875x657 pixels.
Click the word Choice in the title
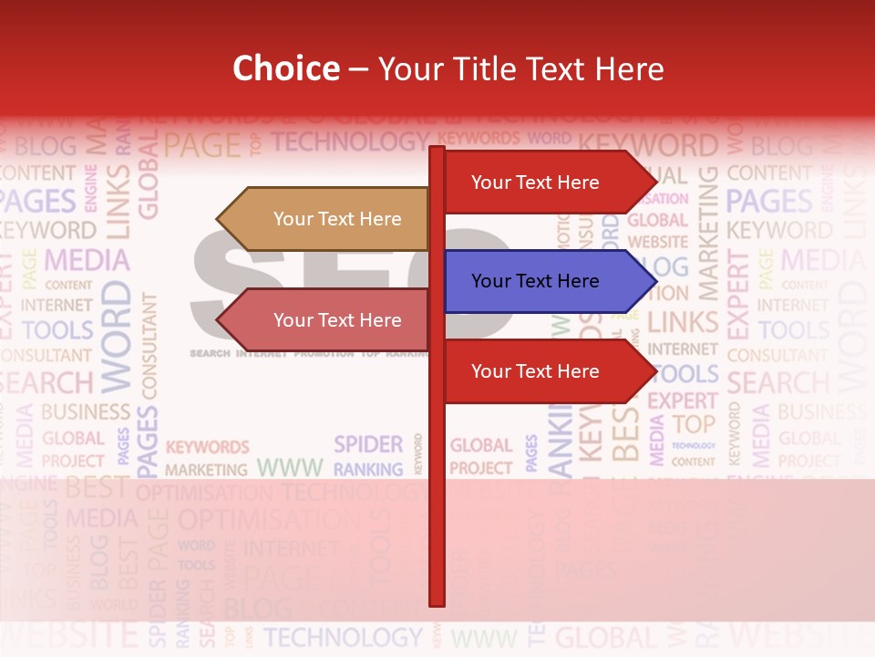pos(285,69)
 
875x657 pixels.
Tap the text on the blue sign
pos(535,281)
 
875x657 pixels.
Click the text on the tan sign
pos(337,219)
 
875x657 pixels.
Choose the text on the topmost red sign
pos(535,182)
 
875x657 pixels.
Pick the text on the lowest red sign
pos(535,371)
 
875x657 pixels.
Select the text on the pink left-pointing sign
pos(337,320)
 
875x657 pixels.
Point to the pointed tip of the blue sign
pos(654,281)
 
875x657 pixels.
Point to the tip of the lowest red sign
pos(654,371)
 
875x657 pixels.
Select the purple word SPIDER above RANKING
pos(368,444)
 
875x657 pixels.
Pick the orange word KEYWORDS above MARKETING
pos(207,447)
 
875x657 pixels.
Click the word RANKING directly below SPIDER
pos(368,470)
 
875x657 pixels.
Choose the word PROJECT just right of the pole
pos(481,468)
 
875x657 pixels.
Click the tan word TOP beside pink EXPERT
pos(695,424)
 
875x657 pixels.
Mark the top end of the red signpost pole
pos(437,149)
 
